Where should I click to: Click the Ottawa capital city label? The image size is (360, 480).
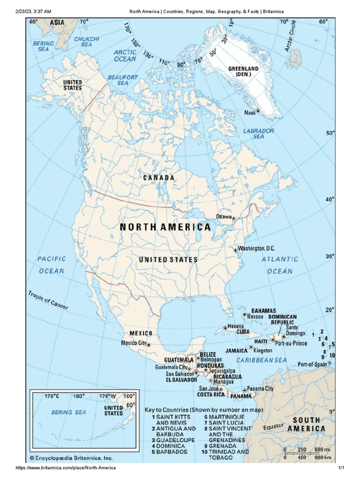click(223, 216)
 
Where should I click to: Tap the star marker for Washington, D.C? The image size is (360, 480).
click(236, 250)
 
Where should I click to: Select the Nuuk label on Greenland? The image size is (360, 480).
click(249, 112)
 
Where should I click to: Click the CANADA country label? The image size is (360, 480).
click(159, 178)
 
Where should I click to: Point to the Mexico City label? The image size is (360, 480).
click(133, 343)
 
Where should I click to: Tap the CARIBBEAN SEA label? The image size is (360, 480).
click(261, 360)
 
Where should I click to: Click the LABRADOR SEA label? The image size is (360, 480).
click(258, 134)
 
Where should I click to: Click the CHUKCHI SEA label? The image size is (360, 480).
click(86, 41)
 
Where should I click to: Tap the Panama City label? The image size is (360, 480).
click(260, 389)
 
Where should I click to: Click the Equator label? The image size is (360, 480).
click(273, 427)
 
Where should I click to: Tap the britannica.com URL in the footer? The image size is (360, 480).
click(66, 468)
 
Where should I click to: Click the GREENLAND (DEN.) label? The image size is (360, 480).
click(243, 71)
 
